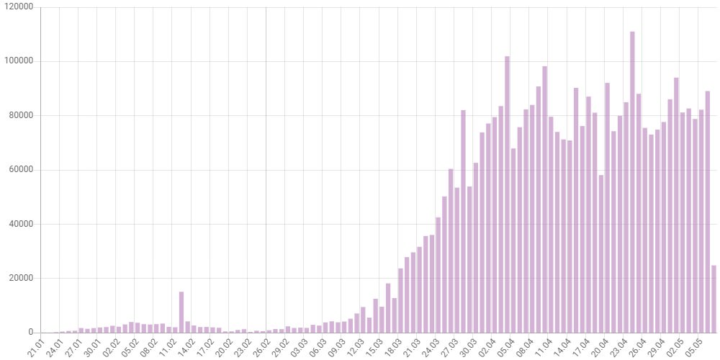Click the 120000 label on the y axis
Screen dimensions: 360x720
(19, 7)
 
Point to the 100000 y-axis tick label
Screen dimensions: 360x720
(19, 61)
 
